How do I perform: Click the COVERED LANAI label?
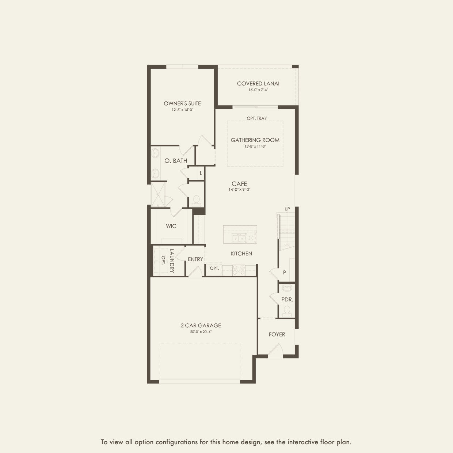point(258,83)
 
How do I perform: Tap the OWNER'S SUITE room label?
point(182,103)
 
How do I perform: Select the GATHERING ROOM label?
point(255,140)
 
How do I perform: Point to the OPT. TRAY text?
point(257,118)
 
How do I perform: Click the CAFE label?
point(239,184)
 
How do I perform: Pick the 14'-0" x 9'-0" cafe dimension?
point(239,190)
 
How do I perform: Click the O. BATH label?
point(176,161)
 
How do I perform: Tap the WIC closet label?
point(171,226)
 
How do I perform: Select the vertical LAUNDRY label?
point(172,261)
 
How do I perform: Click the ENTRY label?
point(195,259)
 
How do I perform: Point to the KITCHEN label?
point(241,254)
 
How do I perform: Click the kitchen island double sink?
point(238,238)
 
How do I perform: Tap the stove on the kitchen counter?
point(239,270)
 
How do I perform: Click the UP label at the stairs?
point(287,209)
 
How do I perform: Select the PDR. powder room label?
point(287,300)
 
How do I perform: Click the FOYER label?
point(277,334)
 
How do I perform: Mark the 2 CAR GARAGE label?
point(201,326)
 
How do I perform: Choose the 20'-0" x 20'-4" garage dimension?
point(201,332)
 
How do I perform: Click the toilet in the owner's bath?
point(196,200)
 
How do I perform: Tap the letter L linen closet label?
point(201,173)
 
